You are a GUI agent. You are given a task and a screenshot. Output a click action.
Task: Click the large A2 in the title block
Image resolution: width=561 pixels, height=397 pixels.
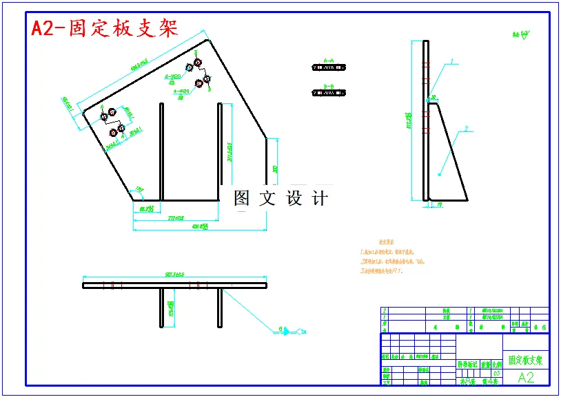525,377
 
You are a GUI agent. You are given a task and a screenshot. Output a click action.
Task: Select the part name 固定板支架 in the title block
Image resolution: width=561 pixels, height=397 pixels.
525,360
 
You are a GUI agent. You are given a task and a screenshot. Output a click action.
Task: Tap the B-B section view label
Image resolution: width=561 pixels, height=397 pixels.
329,87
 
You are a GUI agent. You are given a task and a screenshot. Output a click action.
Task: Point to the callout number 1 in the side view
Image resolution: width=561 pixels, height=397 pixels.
452,61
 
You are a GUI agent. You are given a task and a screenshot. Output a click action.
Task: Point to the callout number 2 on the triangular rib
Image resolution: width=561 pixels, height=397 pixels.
466,128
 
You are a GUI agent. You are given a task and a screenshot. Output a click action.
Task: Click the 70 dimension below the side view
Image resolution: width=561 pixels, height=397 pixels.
439,205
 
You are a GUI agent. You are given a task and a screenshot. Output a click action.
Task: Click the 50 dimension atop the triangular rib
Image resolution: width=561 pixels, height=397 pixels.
433,97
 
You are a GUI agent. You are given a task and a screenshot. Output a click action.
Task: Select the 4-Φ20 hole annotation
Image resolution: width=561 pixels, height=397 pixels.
181,91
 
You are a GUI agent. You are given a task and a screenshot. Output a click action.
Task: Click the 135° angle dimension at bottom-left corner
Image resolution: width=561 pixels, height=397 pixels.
140,188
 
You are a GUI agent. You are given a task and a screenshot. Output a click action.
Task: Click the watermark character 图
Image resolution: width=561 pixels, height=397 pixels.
241,198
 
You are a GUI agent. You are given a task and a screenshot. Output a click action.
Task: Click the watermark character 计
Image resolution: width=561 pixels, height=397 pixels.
320,198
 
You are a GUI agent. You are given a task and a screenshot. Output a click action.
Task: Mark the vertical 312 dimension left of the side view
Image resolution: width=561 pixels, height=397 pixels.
410,120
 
